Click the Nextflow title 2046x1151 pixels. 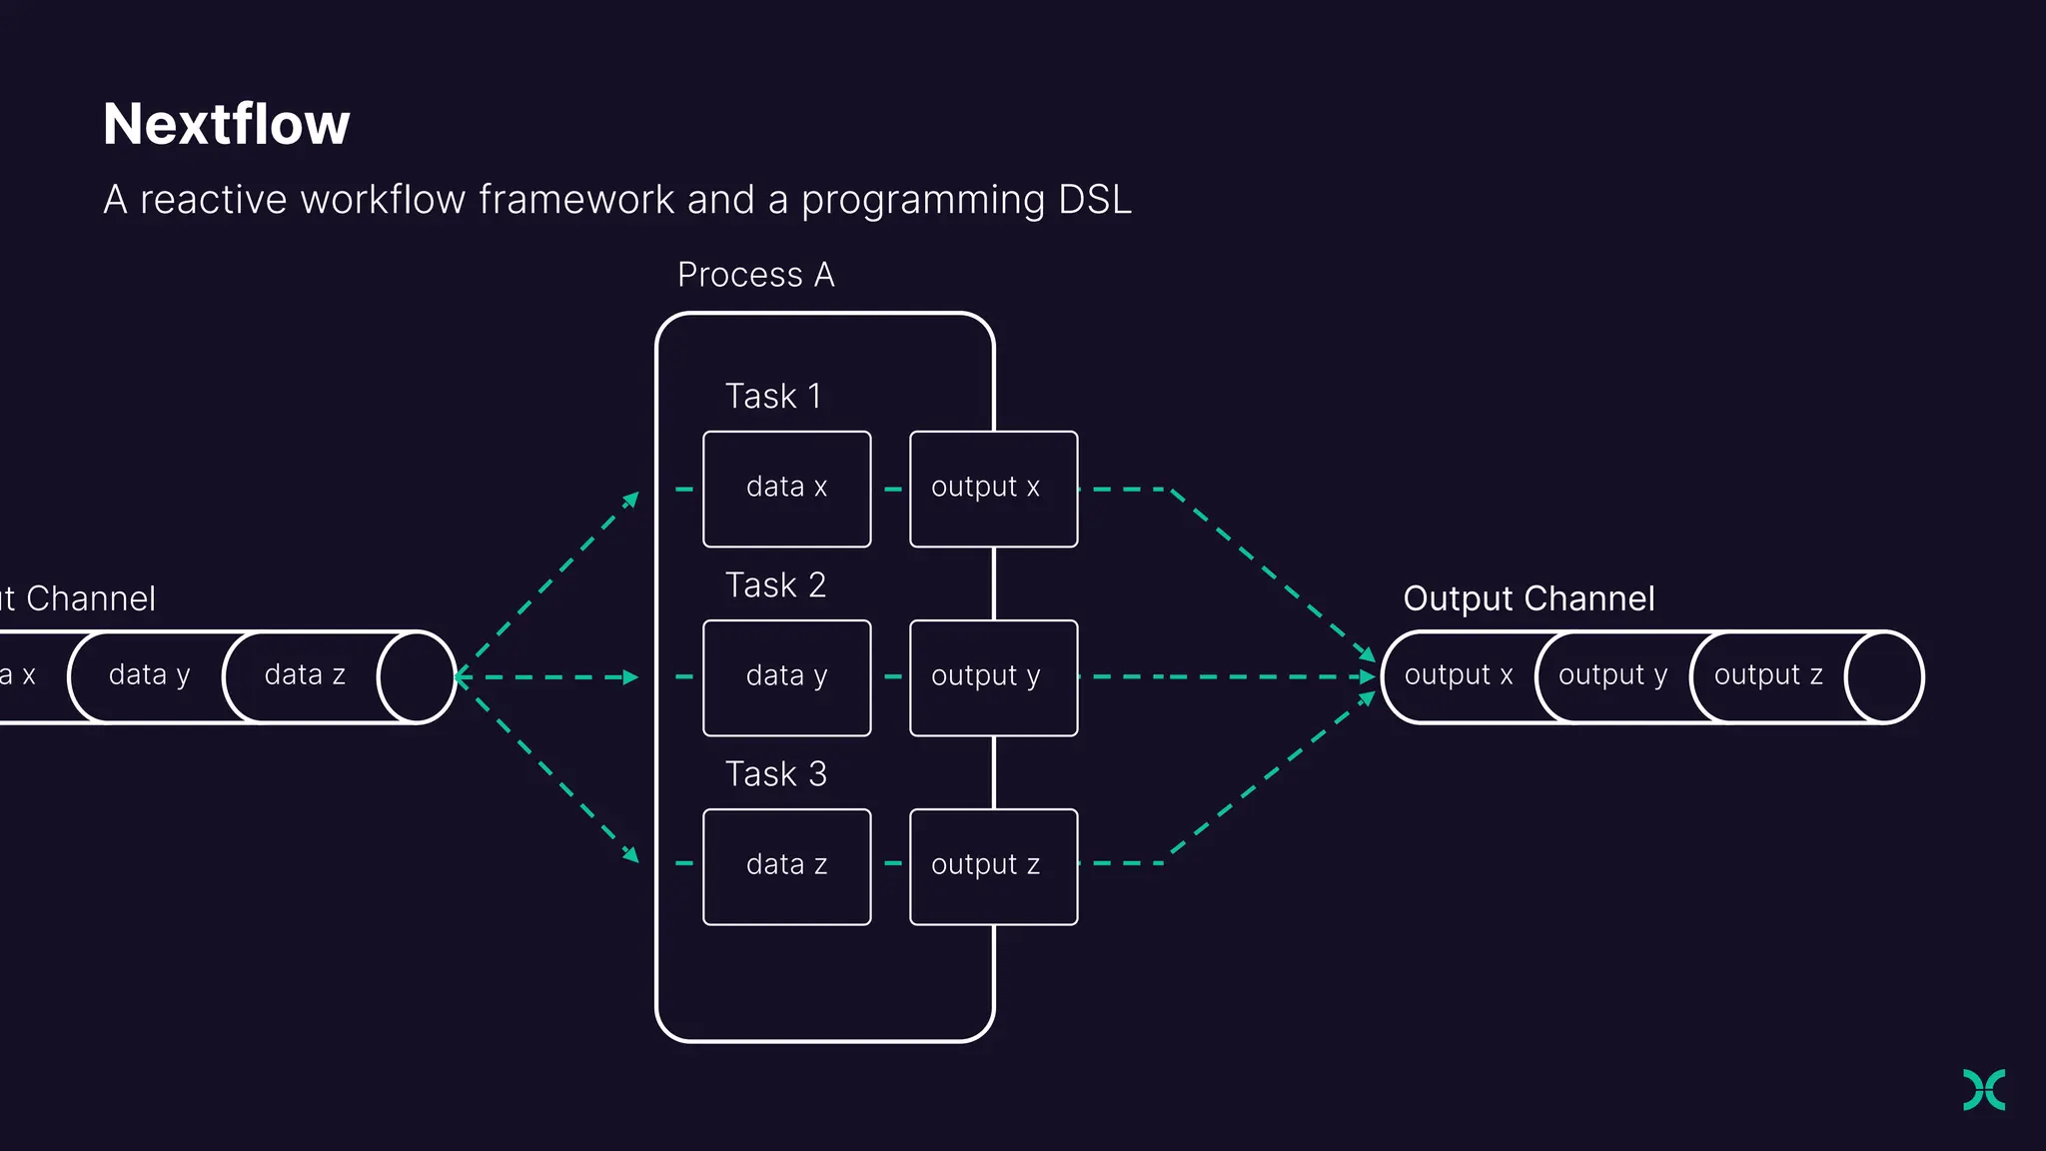click(x=227, y=125)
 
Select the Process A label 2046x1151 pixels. click(x=755, y=275)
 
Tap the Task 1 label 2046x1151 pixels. click(x=773, y=397)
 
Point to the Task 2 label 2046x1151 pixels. click(x=775, y=585)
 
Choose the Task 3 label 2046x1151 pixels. click(x=775, y=774)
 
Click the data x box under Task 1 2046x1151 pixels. click(x=786, y=489)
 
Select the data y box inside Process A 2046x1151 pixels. click(x=786, y=677)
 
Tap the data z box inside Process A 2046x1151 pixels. click(x=786, y=866)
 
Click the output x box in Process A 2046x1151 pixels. click(x=993, y=489)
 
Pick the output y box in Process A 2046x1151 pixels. click(x=993, y=677)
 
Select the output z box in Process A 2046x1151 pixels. click(x=993, y=866)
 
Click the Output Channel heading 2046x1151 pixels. click(x=1529, y=598)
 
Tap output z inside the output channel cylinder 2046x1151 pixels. click(x=1768, y=676)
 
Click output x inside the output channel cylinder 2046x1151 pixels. click(x=1458, y=676)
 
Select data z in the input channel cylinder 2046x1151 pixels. click(x=305, y=676)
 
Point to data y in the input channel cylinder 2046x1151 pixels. click(x=149, y=676)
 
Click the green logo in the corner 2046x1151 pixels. click(x=1984, y=1089)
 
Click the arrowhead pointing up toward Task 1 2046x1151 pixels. click(x=631, y=499)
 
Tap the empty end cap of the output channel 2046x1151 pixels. click(x=1884, y=677)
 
